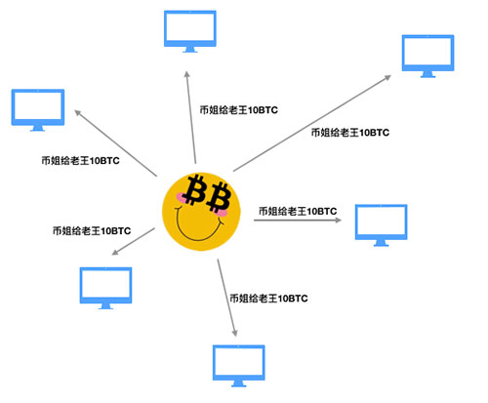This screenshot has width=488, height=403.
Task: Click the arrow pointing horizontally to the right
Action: point(298,221)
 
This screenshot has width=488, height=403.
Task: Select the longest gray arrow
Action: point(312,123)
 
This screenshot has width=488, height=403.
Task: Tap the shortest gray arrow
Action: point(134,241)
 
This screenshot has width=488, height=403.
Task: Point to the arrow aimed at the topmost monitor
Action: point(191,117)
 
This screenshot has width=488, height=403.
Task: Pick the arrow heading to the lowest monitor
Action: point(226,298)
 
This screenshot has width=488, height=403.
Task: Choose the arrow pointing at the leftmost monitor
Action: point(115,143)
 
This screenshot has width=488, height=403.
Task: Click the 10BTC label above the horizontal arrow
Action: point(298,211)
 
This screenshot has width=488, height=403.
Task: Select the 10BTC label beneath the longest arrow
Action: point(350,133)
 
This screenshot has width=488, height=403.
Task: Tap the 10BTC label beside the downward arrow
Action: point(268,299)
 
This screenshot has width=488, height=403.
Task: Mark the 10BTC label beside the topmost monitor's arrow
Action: point(239,110)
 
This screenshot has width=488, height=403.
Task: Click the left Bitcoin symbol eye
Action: point(194,189)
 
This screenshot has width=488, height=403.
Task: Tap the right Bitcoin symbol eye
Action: point(219,197)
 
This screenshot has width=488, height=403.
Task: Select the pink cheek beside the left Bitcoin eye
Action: point(180,197)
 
